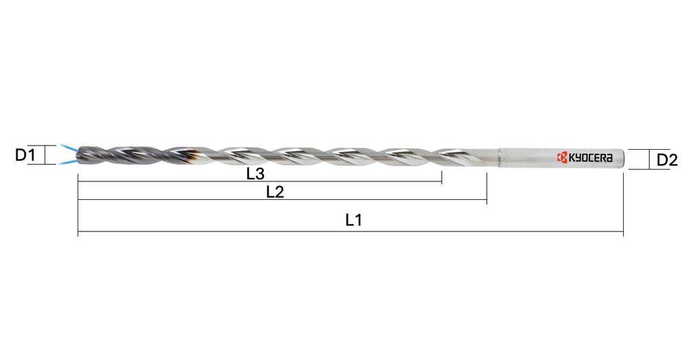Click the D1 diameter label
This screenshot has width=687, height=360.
coord(25,155)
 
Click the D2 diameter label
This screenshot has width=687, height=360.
coord(666,160)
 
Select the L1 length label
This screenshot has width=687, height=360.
coord(353,221)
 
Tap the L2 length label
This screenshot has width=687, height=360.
coord(275,192)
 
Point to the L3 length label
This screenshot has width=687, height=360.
coord(256,175)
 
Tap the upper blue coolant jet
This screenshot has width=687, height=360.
coord(67,148)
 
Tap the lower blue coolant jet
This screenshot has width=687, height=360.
coord(67,163)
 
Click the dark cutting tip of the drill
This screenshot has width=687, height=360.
coord(84,155)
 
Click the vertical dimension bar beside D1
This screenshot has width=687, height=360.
coord(45,155)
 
